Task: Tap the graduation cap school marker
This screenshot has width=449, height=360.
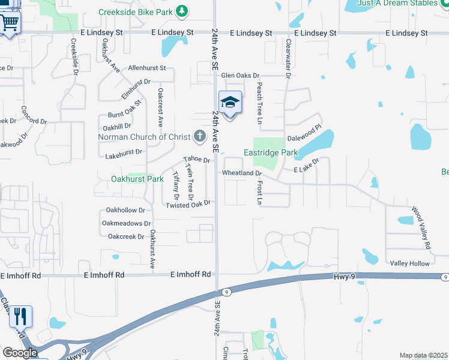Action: (230, 103)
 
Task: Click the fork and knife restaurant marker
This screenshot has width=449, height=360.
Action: (20, 316)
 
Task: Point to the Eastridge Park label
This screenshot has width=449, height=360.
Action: (271, 153)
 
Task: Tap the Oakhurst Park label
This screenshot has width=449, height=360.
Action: (137, 179)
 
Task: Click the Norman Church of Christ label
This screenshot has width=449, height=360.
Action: (144, 137)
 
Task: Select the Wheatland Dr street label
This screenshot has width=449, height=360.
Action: (243, 173)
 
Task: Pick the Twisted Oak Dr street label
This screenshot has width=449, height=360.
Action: (188, 205)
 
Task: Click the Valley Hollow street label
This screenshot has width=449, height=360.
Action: (410, 264)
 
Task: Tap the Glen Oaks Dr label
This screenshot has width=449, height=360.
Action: (240, 76)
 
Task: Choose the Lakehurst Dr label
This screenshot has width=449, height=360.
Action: (123, 152)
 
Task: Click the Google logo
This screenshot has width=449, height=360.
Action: (20, 352)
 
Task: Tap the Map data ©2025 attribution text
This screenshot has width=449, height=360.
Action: (423, 356)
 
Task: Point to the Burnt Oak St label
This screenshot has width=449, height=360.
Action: (124, 109)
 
